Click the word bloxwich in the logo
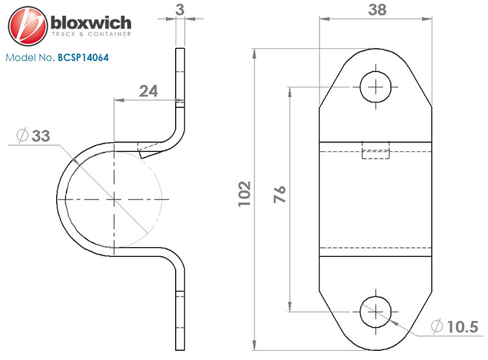click(91, 23)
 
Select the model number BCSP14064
click(84, 59)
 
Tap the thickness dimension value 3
click(179, 9)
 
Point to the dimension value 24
click(148, 91)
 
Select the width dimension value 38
click(376, 10)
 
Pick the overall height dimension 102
click(245, 194)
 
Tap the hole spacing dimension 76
click(279, 196)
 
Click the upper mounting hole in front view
click(376, 87)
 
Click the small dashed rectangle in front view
click(376, 150)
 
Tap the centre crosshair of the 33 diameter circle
click(114, 199)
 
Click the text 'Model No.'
click(30, 59)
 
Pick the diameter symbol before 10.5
click(437, 326)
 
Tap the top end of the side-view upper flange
click(179, 49)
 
